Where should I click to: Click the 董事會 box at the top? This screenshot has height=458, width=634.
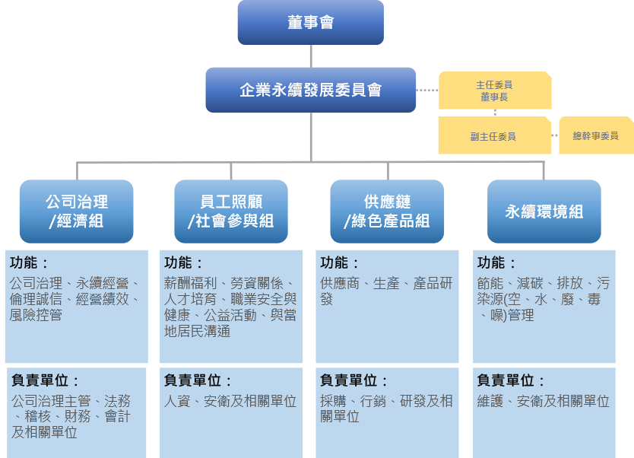click(311, 23)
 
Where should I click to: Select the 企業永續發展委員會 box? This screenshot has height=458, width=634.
click(311, 90)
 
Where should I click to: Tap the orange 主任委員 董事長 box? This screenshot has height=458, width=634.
click(494, 91)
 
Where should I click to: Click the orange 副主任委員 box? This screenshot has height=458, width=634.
click(493, 136)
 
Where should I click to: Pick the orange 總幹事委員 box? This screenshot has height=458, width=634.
click(595, 135)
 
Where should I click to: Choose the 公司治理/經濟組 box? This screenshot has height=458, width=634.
click(76, 212)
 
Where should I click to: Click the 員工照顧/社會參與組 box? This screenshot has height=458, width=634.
click(231, 212)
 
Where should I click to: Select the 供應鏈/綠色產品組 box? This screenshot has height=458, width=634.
click(387, 212)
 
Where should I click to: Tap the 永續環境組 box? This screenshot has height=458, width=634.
click(544, 212)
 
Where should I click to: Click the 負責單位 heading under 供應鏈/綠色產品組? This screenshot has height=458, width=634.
click(353, 380)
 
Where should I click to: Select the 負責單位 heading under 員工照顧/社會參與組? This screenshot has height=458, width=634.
click(198, 380)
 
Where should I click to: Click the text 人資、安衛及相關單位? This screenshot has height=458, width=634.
click(230, 401)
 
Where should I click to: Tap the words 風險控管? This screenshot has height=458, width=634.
click(36, 314)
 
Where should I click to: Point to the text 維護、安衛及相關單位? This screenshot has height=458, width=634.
click(543, 401)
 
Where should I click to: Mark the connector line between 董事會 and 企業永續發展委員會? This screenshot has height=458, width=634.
click(311, 56)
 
